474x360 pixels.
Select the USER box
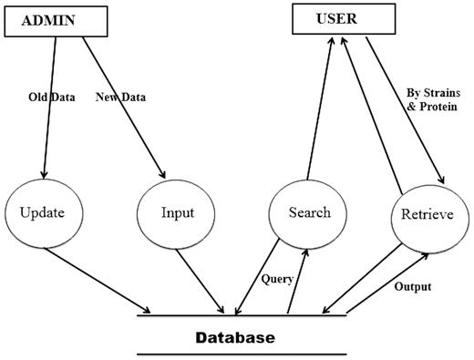(329, 18)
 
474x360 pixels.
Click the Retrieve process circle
(433, 216)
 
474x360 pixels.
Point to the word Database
(235, 337)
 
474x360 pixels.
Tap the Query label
(276, 279)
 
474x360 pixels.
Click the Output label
(413, 286)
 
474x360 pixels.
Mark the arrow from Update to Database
(100, 280)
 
